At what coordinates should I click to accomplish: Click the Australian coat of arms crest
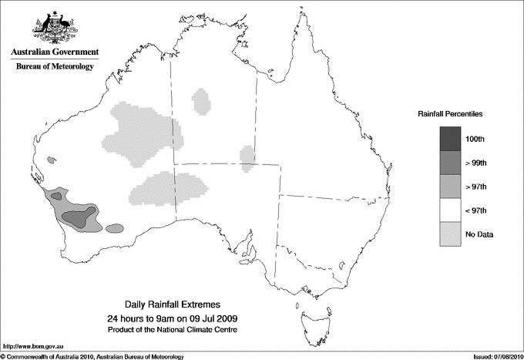(x=55, y=26)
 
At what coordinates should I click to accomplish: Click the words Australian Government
(x=55, y=52)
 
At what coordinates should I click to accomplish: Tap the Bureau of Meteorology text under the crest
(x=55, y=66)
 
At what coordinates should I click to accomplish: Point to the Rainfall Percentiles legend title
(x=450, y=114)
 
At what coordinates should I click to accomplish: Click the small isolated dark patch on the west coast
(x=52, y=160)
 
